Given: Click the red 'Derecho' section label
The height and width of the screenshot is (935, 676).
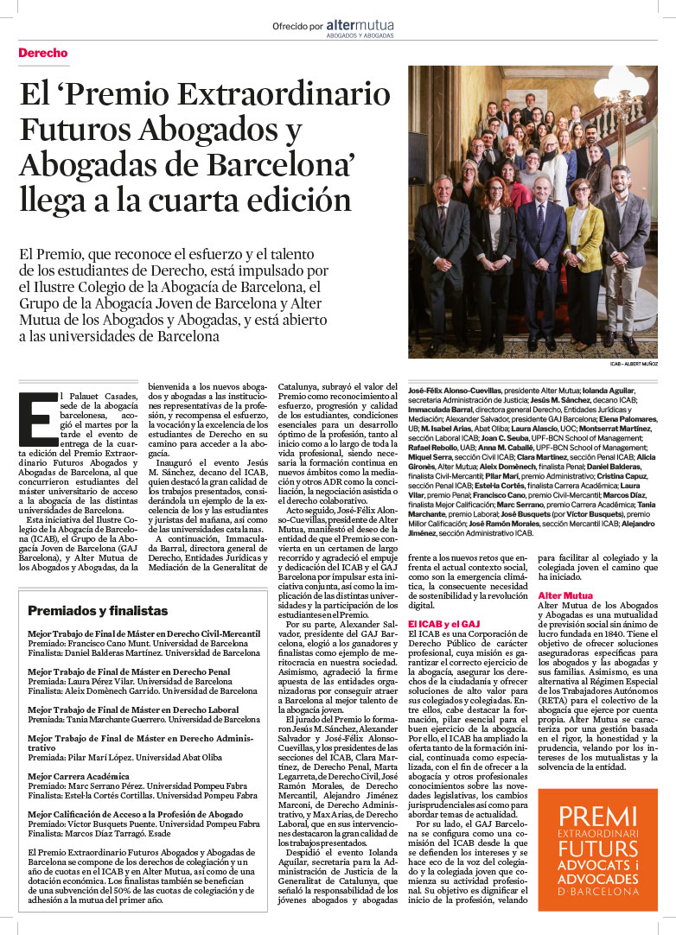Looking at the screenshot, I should point(43,54).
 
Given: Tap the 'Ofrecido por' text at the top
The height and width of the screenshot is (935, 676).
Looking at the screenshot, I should point(297,27).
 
